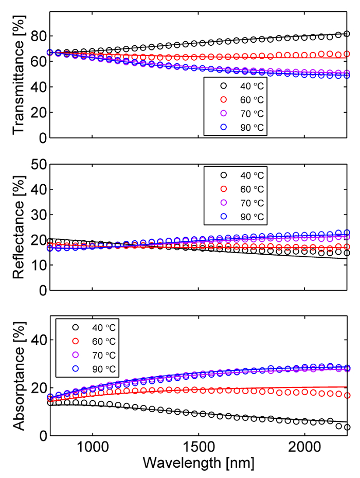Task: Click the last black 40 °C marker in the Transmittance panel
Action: coord(347,34)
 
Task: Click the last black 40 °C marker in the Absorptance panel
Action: coord(347,428)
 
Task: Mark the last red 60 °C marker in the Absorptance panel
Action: coord(347,396)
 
